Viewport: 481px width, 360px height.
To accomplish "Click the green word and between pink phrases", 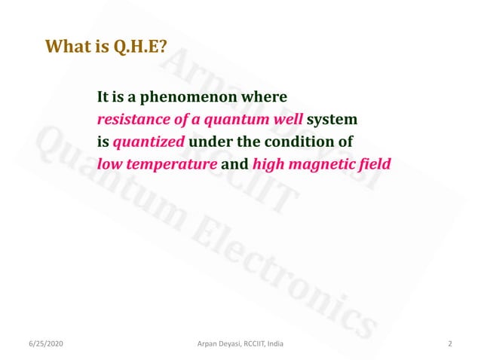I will tap(235, 163).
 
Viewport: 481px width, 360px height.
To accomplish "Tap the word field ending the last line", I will tap(376, 163).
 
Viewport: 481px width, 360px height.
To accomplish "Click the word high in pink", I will tap(270, 163).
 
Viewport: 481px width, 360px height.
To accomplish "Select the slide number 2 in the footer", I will tap(450, 344).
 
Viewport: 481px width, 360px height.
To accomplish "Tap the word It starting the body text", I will tap(103, 98).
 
